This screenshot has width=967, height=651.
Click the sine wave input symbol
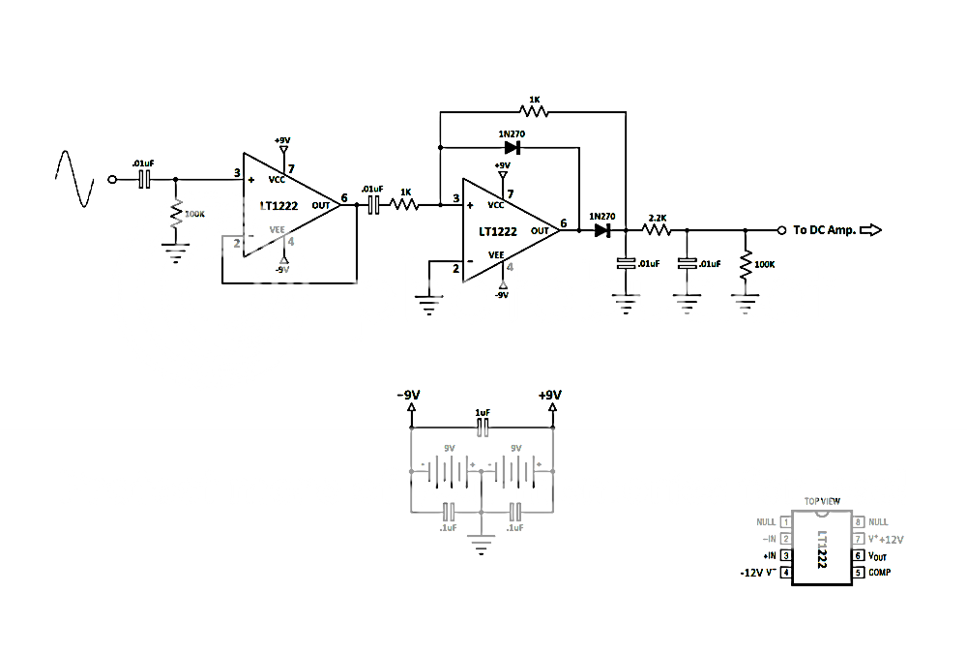tap(74, 179)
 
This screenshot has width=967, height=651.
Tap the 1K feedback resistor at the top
tap(534, 112)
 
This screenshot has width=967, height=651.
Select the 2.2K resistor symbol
tap(658, 230)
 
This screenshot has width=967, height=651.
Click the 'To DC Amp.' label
tap(824, 230)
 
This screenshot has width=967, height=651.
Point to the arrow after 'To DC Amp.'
tap(870, 230)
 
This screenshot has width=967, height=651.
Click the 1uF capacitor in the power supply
tap(483, 429)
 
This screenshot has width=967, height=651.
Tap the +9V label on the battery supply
tap(549, 396)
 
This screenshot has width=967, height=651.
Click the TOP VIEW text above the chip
tap(822, 501)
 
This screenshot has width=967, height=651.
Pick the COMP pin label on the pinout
tap(879, 573)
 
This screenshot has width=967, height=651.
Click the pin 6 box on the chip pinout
tap(857, 556)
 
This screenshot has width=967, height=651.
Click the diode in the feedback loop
tap(513, 148)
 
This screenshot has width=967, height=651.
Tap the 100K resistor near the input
tap(176, 215)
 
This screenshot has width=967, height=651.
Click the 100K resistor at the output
tap(746, 265)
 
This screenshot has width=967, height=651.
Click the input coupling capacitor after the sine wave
tap(144, 179)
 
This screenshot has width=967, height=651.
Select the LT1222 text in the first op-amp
tap(278, 205)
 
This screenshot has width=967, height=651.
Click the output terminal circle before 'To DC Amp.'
tap(781, 230)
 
